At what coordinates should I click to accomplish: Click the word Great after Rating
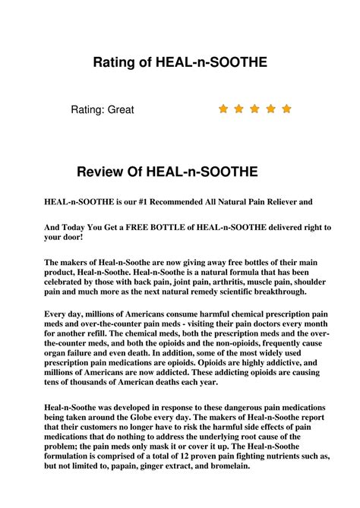[121, 110]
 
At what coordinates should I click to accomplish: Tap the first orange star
[223, 109]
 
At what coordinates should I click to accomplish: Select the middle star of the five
[255, 109]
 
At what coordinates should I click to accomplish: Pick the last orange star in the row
[286, 109]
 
